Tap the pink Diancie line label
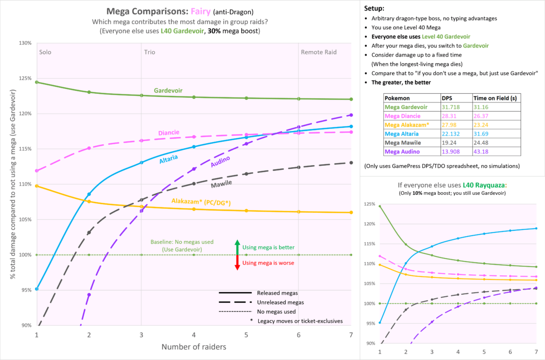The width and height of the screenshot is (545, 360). coord(168,133)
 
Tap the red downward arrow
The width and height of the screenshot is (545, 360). coord(237,263)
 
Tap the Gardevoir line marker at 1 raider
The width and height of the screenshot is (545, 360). coord(37,82)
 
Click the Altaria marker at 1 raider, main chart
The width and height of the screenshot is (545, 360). coord(37,289)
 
